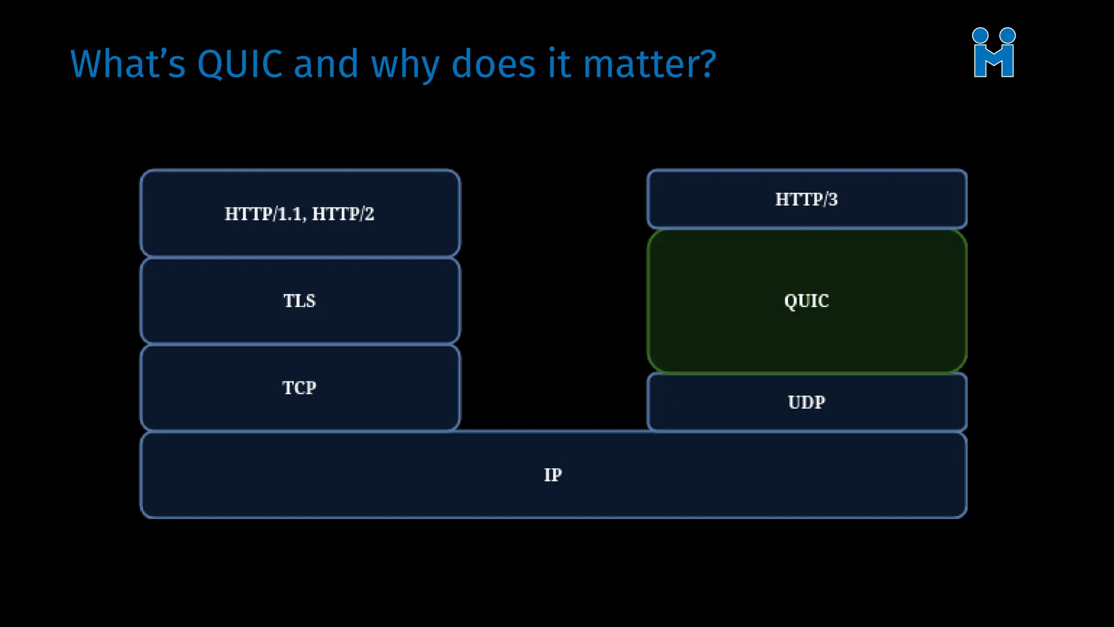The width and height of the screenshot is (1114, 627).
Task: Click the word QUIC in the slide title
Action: pyautogui.click(x=239, y=64)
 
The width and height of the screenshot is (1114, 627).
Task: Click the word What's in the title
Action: pyautogui.click(x=128, y=64)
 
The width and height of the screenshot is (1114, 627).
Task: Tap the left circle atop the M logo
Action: pyautogui.click(x=980, y=35)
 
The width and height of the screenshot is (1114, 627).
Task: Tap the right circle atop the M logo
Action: pyautogui.click(x=1007, y=35)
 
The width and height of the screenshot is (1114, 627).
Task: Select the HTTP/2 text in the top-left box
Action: pyautogui.click(x=343, y=214)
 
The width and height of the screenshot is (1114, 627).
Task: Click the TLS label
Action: pyautogui.click(x=299, y=300)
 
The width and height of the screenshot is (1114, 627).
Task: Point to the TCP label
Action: pyautogui.click(x=299, y=388)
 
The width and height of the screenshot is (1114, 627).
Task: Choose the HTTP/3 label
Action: pyautogui.click(x=806, y=199)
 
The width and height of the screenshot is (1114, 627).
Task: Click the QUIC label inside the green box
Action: pyautogui.click(x=806, y=300)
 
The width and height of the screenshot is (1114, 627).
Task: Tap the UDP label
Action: pyautogui.click(x=806, y=402)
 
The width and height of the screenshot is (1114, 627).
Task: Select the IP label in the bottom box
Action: pyautogui.click(x=553, y=475)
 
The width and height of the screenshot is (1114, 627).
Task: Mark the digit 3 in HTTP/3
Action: pyautogui.click(x=833, y=199)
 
